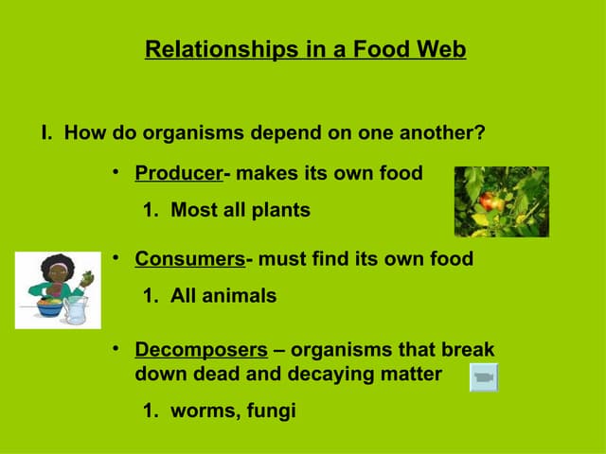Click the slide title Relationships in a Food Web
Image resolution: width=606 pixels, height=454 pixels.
[x=305, y=49]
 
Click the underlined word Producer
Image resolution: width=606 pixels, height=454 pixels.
[x=178, y=173]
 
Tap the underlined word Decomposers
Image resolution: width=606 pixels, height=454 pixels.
[x=201, y=350]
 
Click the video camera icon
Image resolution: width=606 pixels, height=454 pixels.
[x=484, y=377]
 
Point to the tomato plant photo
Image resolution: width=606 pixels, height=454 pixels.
[x=501, y=201]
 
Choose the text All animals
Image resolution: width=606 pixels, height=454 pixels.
[x=223, y=296]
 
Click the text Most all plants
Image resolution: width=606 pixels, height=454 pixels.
[x=240, y=210]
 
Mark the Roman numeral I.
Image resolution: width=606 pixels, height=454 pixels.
[x=45, y=132]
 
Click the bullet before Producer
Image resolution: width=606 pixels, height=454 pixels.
[x=115, y=172]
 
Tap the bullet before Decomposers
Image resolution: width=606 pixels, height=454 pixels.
[x=115, y=349]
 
